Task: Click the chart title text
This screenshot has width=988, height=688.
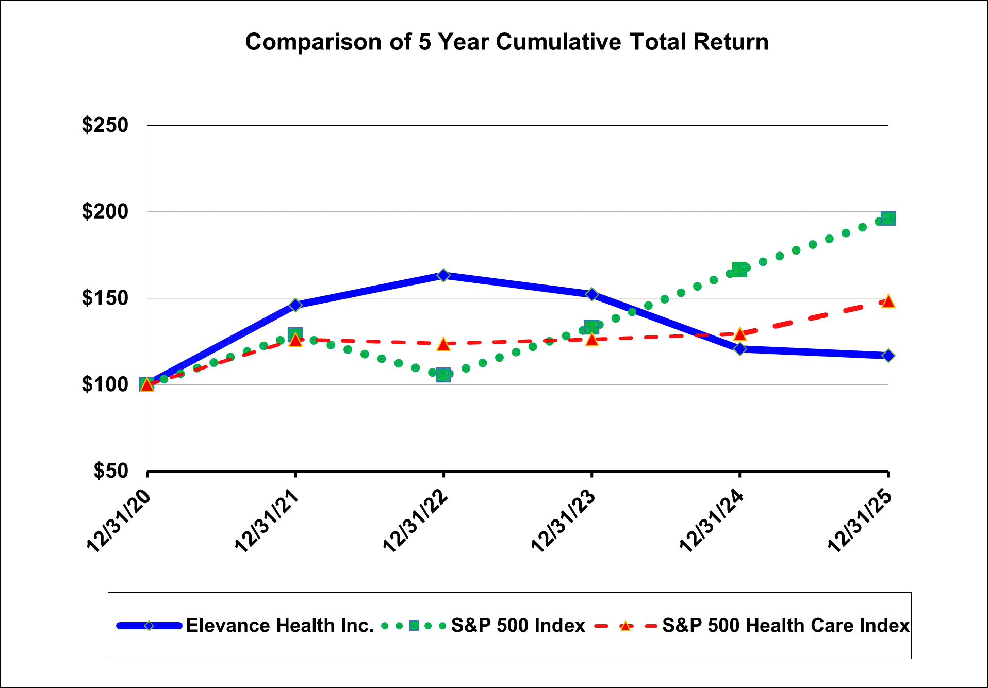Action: (x=506, y=42)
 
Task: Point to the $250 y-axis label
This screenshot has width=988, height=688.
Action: (x=105, y=125)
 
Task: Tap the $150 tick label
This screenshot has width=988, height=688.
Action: (x=105, y=298)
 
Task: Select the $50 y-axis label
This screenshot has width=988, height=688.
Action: (x=110, y=471)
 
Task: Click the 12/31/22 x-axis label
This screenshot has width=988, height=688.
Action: (x=415, y=522)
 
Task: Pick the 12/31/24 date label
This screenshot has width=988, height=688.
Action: (x=712, y=522)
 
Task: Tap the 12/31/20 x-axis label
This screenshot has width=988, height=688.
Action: (x=119, y=522)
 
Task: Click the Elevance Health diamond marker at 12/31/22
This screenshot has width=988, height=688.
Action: (x=443, y=275)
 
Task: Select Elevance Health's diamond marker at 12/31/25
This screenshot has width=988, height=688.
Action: (x=888, y=356)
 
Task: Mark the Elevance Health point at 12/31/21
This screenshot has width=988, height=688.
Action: (x=295, y=305)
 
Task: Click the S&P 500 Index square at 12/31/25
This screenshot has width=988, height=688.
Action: (x=888, y=218)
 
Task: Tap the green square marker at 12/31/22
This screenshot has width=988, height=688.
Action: (x=443, y=375)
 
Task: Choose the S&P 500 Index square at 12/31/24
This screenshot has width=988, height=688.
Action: (x=739, y=269)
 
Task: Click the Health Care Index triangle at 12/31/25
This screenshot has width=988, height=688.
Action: (x=888, y=301)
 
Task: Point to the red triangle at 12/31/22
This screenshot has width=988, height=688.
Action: (x=443, y=344)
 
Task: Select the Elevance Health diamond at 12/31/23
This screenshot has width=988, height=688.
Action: (x=591, y=294)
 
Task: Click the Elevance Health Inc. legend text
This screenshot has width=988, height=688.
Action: (x=279, y=626)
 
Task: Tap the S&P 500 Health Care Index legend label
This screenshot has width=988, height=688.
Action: (x=785, y=626)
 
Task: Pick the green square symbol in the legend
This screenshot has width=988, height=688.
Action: (x=414, y=626)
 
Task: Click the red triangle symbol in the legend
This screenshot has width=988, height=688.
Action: (x=625, y=626)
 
